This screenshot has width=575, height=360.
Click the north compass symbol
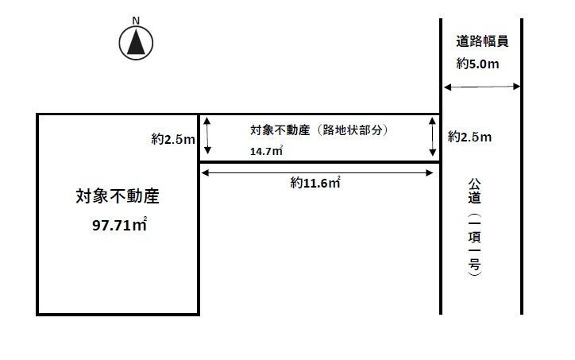click(136, 42)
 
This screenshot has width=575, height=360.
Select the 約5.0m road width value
click(478, 64)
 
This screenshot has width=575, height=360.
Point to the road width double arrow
click(481, 87)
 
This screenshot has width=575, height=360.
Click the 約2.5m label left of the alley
click(173, 139)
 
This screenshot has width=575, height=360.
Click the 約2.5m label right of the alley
click(469, 137)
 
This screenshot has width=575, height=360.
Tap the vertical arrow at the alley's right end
click(433, 137)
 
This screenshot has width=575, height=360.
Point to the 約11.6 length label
click(315, 183)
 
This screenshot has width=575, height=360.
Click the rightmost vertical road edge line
click(522, 167)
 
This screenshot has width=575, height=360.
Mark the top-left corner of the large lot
click(38, 114)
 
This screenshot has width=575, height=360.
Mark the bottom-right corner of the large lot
click(199, 315)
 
